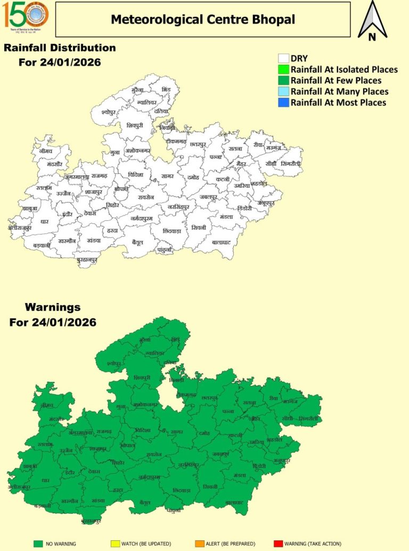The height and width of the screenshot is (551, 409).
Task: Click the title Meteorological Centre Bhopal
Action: pos(203,20)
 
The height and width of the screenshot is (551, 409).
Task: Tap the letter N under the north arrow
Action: pos(372,37)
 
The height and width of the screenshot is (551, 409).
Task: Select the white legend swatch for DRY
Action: pos(284,59)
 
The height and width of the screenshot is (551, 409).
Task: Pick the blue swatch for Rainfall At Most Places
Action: pos(284,102)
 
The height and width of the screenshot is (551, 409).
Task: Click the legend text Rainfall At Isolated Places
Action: pos(344,70)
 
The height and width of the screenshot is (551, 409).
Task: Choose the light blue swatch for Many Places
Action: pos(284,91)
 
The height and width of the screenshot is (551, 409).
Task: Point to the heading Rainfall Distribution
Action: pos(60,48)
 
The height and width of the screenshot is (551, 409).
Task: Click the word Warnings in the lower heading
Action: pos(53,307)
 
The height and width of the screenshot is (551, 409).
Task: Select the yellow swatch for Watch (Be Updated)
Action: pos(114,544)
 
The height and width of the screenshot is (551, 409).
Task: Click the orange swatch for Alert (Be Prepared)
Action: pos(199,544)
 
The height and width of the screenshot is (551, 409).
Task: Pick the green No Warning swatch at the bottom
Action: pos(38,544)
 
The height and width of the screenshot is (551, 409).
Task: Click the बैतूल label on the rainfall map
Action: pos(138,242)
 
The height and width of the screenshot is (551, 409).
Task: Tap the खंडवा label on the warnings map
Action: pos(98,500)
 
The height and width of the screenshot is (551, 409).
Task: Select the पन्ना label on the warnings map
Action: pos(228,411)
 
